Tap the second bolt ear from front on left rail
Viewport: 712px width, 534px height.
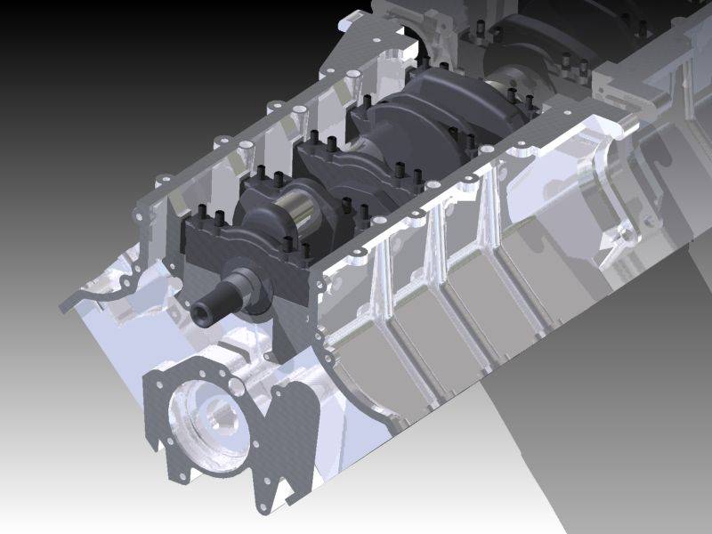coord(165,182)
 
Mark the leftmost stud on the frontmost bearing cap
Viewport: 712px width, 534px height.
coord(199,214)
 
